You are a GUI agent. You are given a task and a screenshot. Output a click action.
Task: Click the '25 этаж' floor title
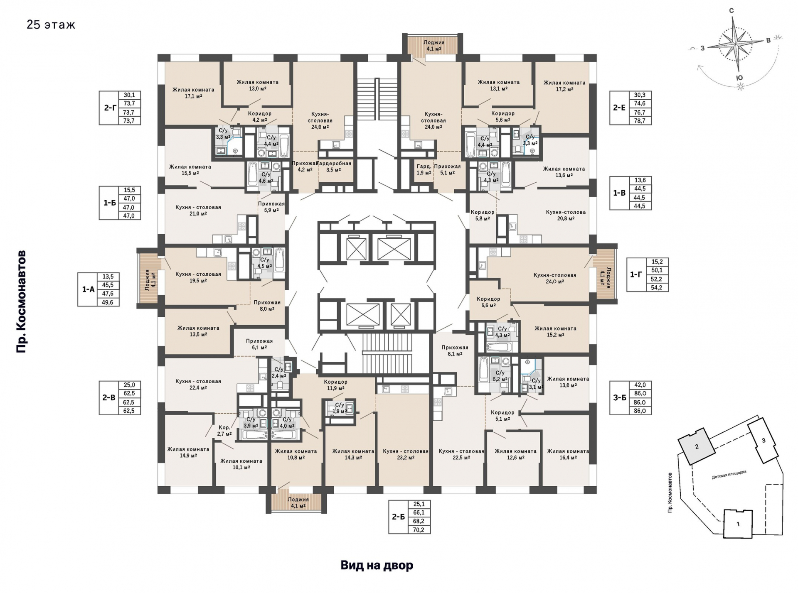51,25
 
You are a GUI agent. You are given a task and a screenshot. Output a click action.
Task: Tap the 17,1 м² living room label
193,93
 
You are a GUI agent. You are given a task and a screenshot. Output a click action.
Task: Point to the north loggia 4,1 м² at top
434,45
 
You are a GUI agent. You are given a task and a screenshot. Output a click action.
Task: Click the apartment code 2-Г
110,108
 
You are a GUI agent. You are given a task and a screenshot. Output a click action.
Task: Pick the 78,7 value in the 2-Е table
640,120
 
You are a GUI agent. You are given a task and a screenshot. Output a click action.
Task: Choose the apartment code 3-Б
619,397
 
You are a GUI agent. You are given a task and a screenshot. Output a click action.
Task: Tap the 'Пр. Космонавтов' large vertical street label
21,301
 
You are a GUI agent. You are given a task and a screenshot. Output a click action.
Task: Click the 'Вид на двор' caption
377,565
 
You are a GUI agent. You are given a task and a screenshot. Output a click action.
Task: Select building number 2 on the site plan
697,446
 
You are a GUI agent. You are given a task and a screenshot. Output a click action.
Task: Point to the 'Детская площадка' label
729,475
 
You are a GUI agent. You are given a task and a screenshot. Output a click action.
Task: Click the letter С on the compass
731,11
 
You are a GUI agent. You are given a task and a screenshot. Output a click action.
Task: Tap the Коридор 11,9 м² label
335,385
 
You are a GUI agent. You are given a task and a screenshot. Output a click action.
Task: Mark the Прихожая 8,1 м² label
455,350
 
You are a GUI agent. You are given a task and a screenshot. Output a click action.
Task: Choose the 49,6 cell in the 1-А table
108,302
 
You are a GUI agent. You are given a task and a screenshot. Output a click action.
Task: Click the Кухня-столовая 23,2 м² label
406,454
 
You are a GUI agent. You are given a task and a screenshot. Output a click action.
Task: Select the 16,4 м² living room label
568,454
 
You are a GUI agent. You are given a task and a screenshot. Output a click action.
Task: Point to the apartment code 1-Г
636,274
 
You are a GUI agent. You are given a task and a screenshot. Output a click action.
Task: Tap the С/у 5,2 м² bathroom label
500,376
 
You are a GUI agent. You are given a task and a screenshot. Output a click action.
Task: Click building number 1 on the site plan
738,524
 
